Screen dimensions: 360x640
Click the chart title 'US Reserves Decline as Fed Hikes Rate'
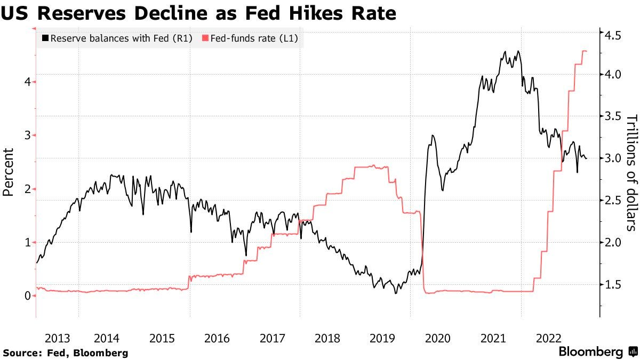tap(198, 13)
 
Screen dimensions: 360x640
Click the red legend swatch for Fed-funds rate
tap(204, 38)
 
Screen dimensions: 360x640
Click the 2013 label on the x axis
tap(57, 338)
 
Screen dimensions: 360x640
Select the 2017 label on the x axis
tap(272, 338)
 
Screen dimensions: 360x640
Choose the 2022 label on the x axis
tap(548, 338)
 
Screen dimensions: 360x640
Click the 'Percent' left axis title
tap(9, 173)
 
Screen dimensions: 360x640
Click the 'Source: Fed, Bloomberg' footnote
tap(66, 353)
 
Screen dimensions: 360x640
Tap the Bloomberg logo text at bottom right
tap(590, 352)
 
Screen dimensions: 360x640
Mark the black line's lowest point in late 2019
tap(395, 293)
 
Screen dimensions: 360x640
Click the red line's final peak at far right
tap(584, 51)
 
